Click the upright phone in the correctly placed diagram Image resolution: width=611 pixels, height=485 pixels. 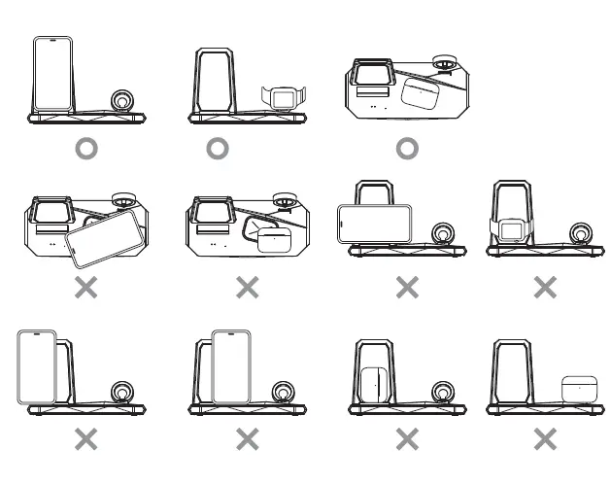click(x=53, y=75)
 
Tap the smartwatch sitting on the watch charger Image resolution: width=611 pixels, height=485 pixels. click(x=283, y=98)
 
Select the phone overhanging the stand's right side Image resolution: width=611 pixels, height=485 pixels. click(x=232, y=366)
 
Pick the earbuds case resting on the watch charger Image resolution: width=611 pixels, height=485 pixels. click(x=580, y=389)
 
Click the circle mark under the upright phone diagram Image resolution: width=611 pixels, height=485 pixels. click(x=86, y=149)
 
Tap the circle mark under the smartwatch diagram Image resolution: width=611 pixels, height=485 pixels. click(x=218, y=149)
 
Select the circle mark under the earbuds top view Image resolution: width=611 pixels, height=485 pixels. click(x=407, y=149)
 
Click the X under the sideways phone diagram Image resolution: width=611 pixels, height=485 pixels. click(x=407, y=287)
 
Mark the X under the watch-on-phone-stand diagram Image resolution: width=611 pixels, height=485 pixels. click(x=546, y=287)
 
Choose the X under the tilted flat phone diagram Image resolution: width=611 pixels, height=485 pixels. click(x=86, y=288)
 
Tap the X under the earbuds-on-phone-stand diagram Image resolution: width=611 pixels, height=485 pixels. click(x=407, y=440)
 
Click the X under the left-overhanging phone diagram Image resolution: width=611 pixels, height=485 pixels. click(x=86, y=440)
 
